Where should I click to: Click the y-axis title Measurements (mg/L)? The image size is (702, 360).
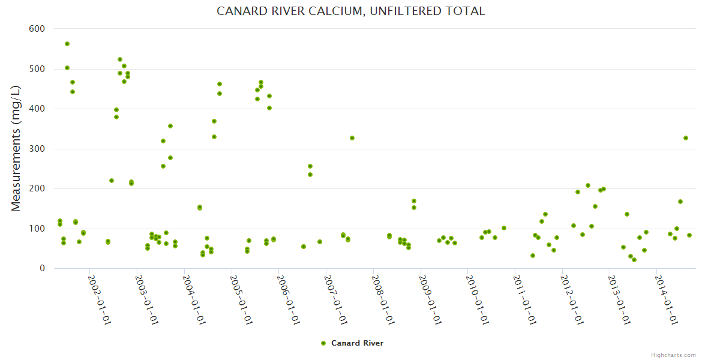(16, 148)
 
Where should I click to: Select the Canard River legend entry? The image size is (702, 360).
(352, 343)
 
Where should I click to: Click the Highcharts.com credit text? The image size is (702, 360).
(673, 355)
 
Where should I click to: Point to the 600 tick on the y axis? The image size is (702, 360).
(37, 29)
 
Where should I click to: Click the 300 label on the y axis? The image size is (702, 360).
(37, 149)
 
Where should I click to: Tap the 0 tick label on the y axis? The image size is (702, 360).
(42, 269)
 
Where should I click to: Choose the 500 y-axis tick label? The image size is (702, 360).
(37, 69)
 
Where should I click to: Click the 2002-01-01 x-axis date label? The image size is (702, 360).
(100, 299)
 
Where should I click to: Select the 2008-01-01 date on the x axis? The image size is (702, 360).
(383, 299)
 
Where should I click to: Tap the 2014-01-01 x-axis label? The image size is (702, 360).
(666, 299)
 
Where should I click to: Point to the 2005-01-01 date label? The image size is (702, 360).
(241, 299)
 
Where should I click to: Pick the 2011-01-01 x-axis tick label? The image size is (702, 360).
(524, 299)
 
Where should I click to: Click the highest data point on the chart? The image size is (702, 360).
(67, 44)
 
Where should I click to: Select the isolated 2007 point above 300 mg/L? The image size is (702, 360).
(352, 138)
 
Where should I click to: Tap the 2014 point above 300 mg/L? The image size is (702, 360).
(686, 138)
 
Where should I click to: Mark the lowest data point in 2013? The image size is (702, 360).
(634, 260)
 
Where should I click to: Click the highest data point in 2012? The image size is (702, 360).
(588, 185)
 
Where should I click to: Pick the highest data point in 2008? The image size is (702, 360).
(414, 201)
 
